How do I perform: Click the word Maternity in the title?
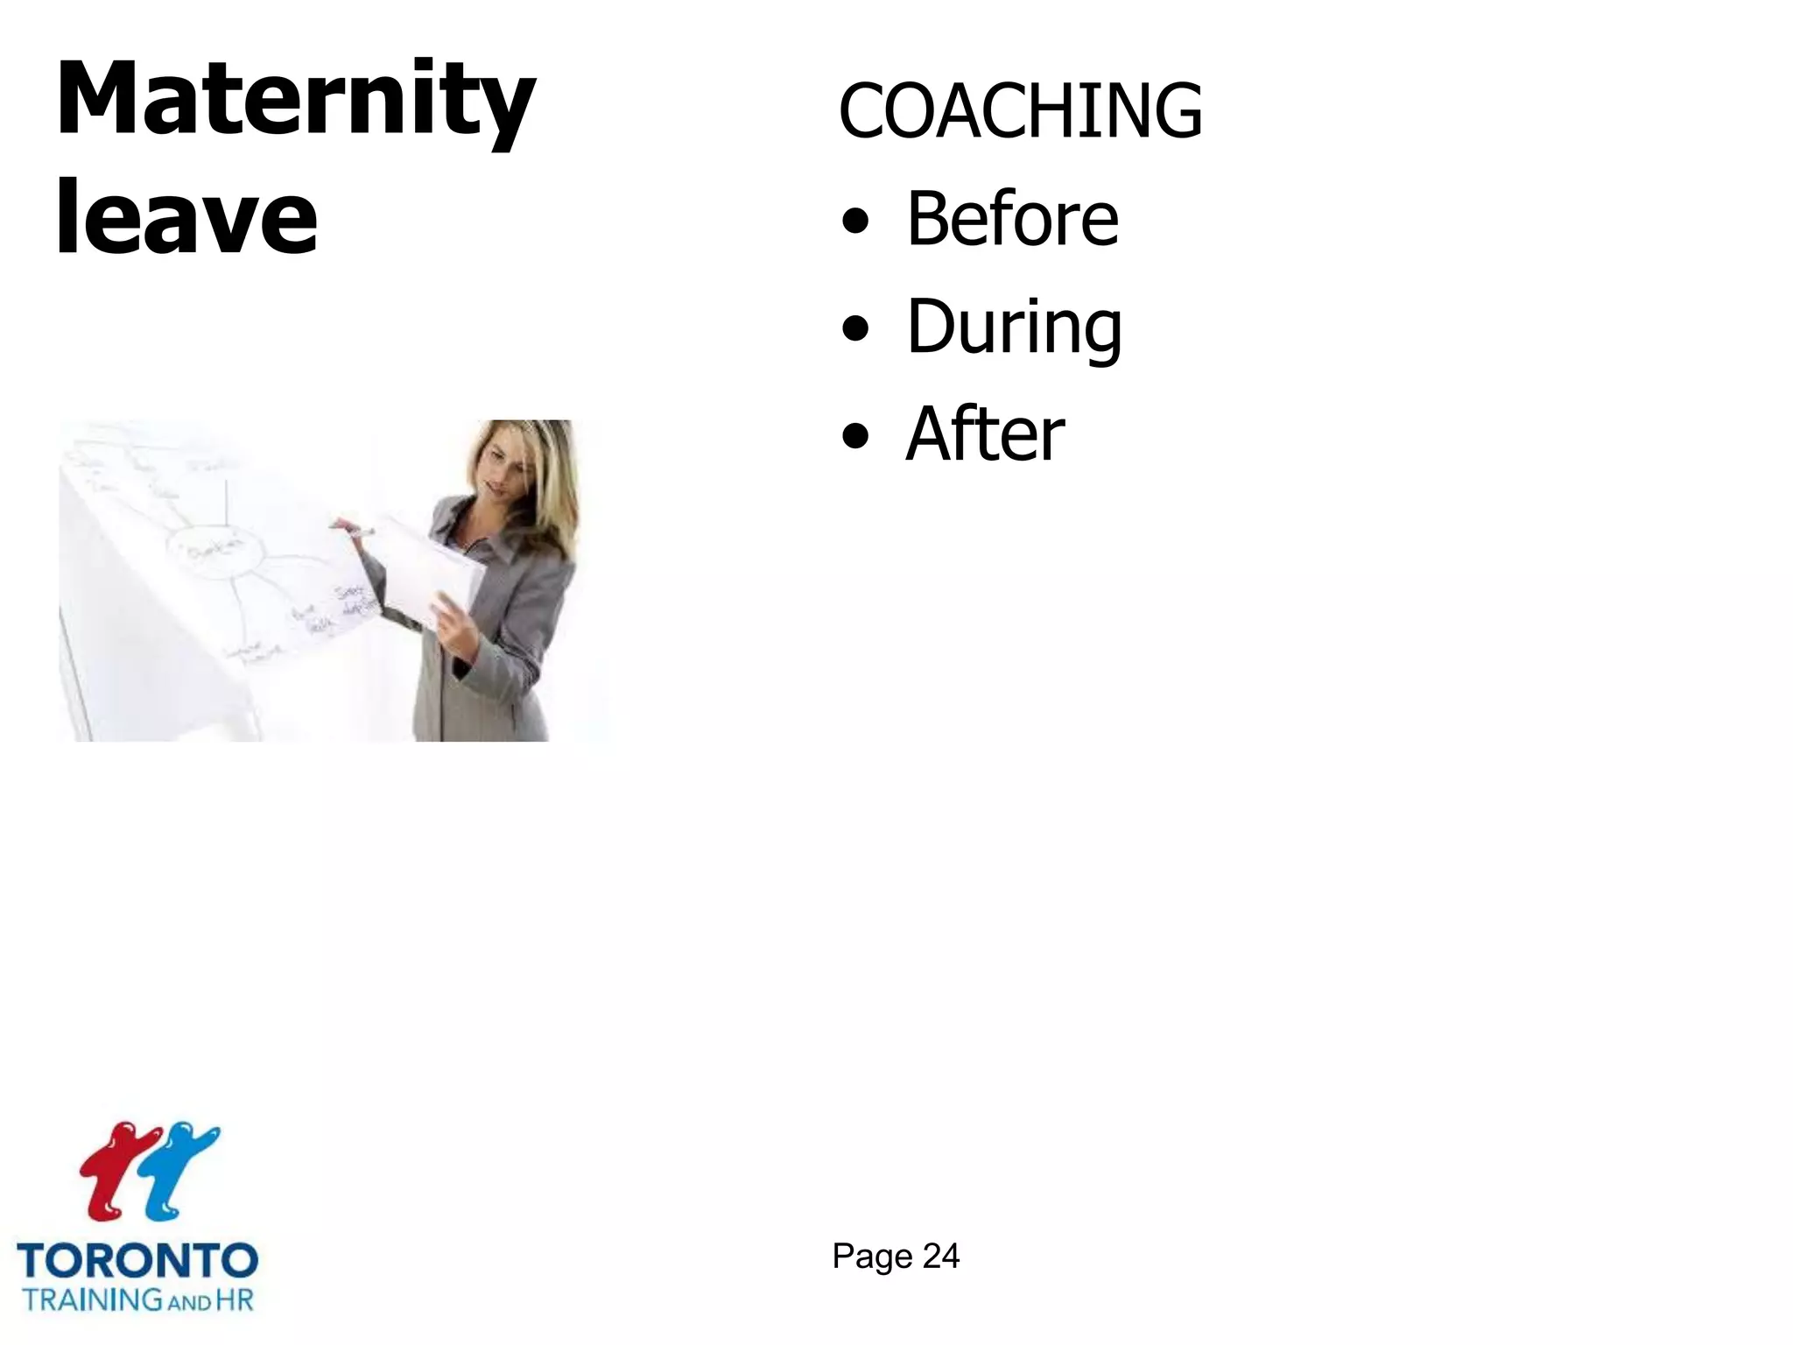295,101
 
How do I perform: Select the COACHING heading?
1020,110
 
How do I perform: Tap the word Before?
1012,218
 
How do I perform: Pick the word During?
1014,327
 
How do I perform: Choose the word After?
985,434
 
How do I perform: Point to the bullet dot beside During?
855,330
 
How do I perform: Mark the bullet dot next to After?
855,437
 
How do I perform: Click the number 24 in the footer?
941,1257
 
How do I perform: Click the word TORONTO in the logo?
137,1261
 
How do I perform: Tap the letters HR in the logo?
234,1299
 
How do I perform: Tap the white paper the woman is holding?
429,569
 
